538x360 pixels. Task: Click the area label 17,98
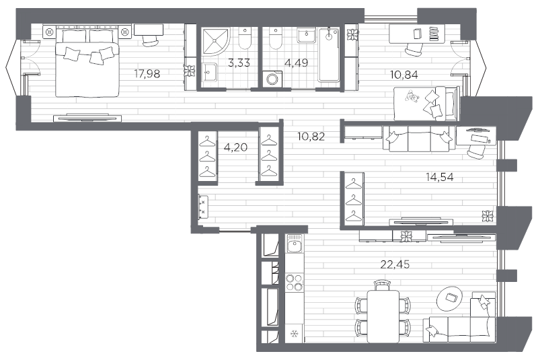click(147, 74)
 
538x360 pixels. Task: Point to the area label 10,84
click(404, 75)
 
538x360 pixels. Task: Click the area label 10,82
click(311, 136)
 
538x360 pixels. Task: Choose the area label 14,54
click(438, 178)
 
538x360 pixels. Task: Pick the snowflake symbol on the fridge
click(293, 334)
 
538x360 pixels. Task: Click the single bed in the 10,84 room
click(426, 102)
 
